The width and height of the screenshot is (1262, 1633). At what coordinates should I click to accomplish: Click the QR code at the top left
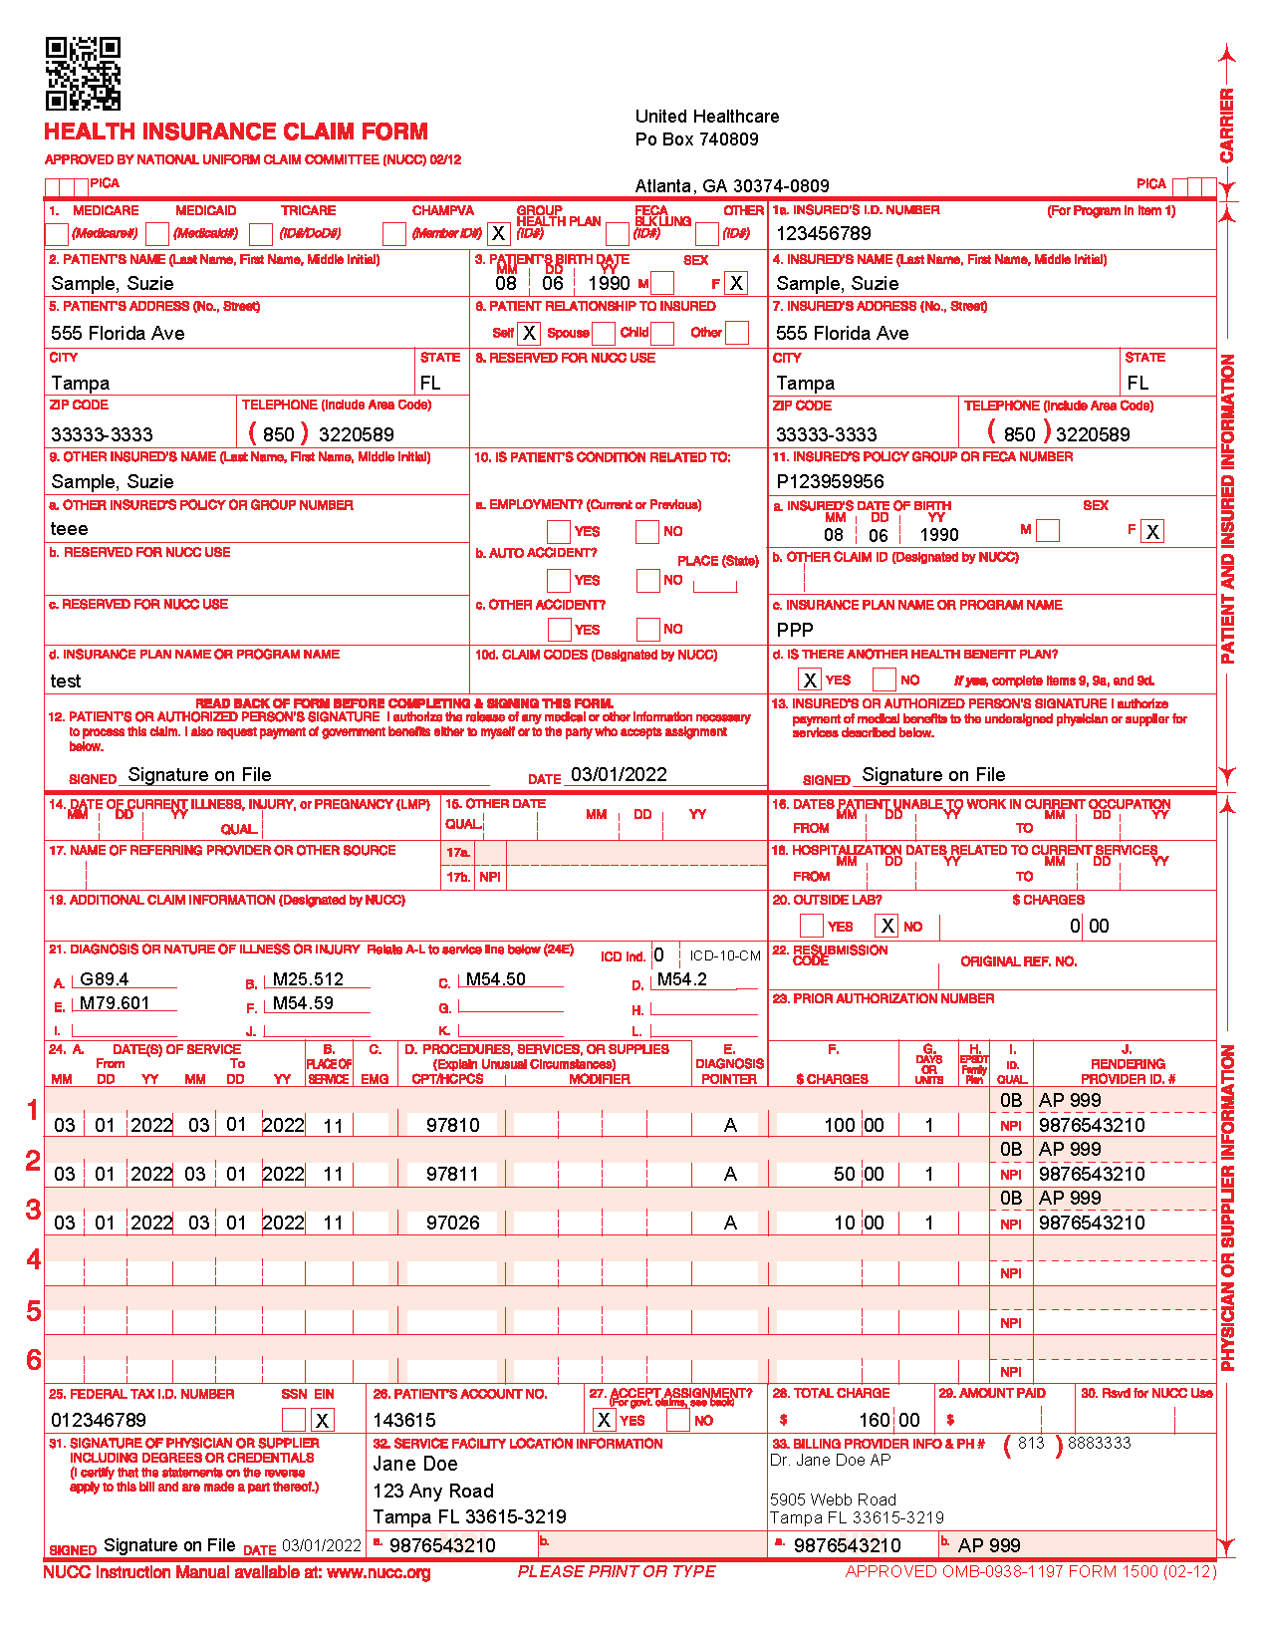83,74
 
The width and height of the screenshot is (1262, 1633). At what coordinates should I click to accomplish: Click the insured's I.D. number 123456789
823,234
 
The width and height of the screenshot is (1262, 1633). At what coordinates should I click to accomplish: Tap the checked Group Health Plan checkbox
498,234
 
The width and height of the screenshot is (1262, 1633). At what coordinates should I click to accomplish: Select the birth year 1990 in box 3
609,283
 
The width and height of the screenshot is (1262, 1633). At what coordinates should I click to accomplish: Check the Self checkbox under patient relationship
529,333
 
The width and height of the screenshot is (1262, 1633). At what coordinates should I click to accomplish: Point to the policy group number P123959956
830,481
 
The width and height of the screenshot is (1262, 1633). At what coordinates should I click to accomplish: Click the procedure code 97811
452,1174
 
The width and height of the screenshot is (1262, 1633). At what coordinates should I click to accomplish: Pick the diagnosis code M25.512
308,979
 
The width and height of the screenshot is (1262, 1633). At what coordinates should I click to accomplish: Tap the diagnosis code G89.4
105,979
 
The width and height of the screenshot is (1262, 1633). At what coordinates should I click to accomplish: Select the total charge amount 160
875,1420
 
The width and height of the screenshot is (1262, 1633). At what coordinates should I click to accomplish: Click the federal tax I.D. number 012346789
99,1420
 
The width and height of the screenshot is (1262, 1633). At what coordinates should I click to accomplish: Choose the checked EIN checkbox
322,1420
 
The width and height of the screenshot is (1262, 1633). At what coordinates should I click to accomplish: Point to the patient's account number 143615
404,1420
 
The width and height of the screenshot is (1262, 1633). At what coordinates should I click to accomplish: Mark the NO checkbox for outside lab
886,926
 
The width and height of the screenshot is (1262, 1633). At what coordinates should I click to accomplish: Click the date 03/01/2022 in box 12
619,775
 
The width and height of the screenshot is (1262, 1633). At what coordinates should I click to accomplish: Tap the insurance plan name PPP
795,630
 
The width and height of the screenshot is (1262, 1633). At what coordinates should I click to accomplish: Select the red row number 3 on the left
33,1210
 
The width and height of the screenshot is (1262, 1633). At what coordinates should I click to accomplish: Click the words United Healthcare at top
707,117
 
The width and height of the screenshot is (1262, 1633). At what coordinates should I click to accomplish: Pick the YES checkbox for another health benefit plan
810,680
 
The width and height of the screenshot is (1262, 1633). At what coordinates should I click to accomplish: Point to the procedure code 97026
452,1223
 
